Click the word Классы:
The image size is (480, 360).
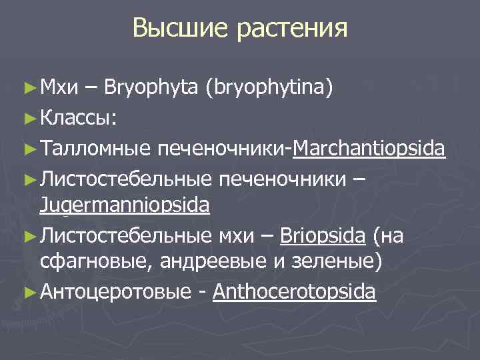79,118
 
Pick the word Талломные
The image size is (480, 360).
95,147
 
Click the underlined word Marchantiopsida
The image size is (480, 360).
369,148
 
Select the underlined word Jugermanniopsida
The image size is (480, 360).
125,205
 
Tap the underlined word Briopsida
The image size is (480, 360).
323,235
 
